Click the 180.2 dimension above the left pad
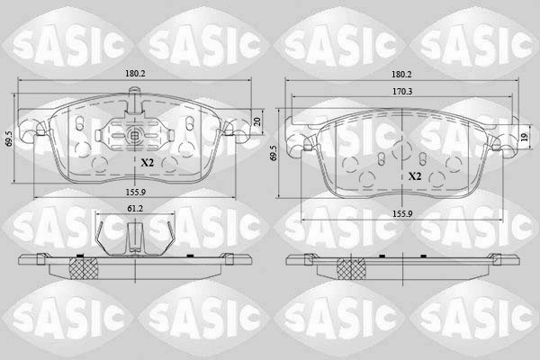point(134,74)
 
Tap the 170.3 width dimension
point(403,92)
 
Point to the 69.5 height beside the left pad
point(10,139)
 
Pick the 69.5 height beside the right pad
point(274,153)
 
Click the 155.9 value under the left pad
point(135,193)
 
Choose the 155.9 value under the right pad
point(402,214)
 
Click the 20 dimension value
point(257,121)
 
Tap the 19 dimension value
point(524,137)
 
